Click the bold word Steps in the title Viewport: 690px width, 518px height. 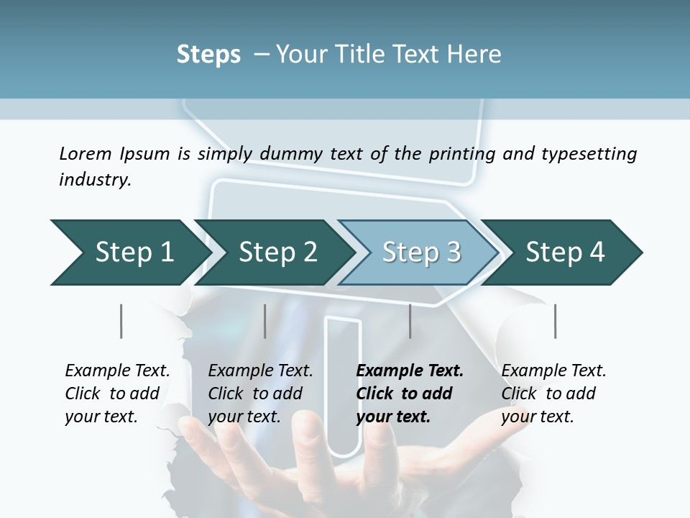pos(208,55)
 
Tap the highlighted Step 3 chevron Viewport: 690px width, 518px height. pos(421,253)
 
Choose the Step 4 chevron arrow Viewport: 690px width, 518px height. pos(565,253)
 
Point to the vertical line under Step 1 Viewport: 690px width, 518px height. pos(121,321)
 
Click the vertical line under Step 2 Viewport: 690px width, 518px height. pos(265,321)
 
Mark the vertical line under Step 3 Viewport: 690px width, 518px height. pos(410,321)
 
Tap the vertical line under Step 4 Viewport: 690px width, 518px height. pos(555,321)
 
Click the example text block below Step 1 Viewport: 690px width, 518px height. pos(117,394)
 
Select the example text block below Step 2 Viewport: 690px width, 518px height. pos(260,394)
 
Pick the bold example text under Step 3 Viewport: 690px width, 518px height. pos(410,394)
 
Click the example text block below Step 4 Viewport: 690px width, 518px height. pos(553,394)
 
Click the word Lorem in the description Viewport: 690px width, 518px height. pos(85,153)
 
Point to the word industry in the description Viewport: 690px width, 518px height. pos(95,180)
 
